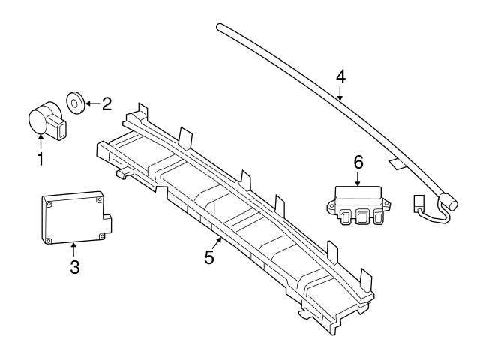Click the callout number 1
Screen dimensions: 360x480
40,158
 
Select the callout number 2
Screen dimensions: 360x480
106,103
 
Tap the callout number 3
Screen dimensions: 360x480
74,266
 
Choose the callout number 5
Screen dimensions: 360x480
209,257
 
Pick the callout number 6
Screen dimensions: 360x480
358,161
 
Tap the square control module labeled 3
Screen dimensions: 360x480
73,217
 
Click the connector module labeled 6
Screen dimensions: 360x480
356,202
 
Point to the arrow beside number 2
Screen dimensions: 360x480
90,103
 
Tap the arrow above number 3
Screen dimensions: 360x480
73,247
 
